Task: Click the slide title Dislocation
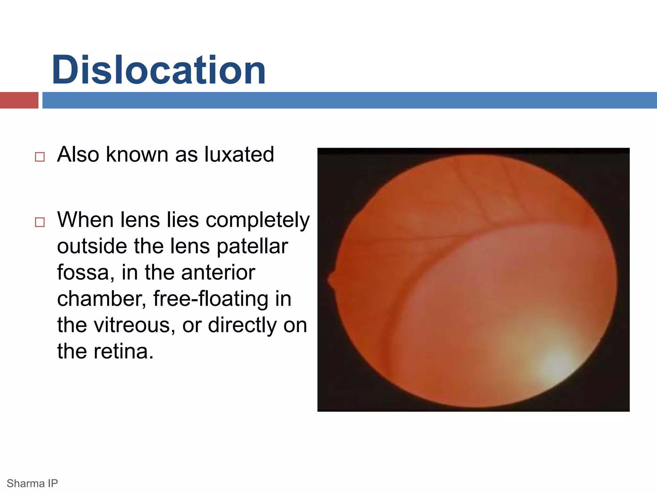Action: tap(159, 70)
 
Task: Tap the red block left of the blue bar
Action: tap(19, 100)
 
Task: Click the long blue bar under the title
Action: tap(349, 100)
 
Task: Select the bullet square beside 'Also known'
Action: tap(40, 157)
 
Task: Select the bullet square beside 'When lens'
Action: tap(40, 222)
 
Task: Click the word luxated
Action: tap(239, 154)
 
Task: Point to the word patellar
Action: tap(252, 246)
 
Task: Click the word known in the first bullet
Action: tap(137, 154)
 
